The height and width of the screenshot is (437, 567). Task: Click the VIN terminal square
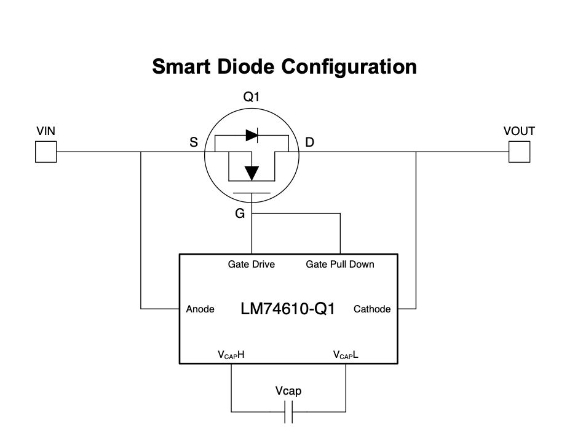(46, 152)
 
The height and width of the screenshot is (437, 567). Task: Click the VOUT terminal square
(520, 152)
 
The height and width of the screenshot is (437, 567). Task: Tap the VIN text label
(46, 131)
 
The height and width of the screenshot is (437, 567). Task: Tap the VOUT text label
(519, 131)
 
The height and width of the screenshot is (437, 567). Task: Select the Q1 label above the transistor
(252, 98)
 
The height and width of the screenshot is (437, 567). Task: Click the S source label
(193, 143)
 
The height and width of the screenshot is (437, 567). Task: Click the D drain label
(309, 143)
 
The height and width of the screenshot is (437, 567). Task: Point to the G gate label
(240, 213)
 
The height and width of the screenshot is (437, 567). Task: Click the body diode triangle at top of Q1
(251, 134)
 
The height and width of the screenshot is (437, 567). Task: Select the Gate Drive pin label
(251, 265)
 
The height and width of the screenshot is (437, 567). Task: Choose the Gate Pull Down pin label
(340, 265)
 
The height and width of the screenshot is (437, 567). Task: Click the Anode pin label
(200, 309)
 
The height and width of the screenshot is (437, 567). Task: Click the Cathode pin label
(372, 309)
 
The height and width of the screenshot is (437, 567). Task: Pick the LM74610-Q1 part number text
(288, 309)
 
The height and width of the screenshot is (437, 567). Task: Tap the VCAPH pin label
(232, 355)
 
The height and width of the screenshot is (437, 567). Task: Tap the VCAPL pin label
(346, 355)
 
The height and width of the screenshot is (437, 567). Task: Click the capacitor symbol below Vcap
(288, 411)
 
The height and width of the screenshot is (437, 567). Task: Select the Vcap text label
(288, 390)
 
